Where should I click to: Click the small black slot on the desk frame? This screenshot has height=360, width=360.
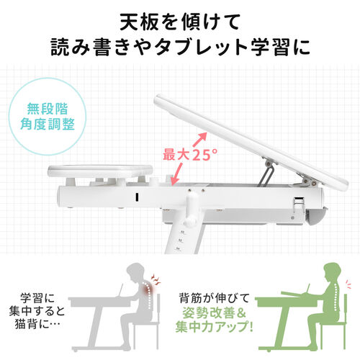click(135, 197)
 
